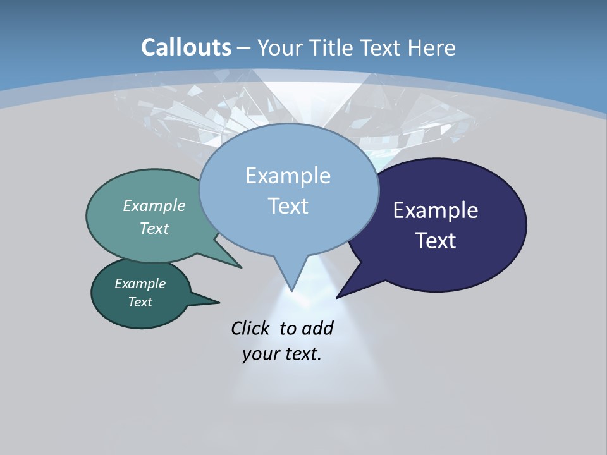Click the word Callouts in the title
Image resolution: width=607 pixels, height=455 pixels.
(x=186, y=47)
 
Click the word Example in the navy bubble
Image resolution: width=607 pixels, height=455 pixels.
(x=436, y=210)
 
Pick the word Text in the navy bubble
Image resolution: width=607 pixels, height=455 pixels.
(x=436, y=241)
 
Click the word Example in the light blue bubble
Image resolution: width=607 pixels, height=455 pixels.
(x=288, y=176)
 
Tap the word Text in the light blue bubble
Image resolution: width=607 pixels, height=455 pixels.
(x=288, y=206)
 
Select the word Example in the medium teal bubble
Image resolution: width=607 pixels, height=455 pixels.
(x=154, y=206)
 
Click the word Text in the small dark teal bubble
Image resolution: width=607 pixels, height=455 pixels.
(x=140, y=302)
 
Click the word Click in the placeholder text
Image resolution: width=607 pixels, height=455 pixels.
(x=250, y=328)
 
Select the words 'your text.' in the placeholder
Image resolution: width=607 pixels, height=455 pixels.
(x=282, y=354)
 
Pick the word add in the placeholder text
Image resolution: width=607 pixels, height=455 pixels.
(x=317, y=328)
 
